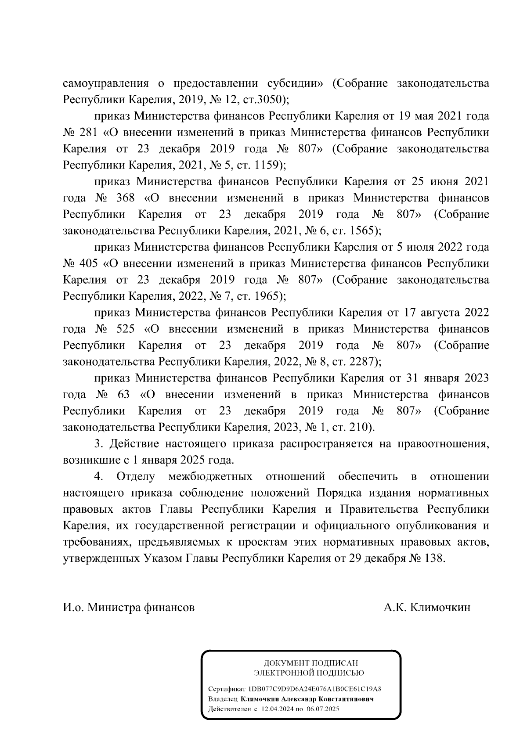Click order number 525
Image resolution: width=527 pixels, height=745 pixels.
pos(125,329)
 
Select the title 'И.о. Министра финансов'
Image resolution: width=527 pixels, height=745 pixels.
pos(129,608)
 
